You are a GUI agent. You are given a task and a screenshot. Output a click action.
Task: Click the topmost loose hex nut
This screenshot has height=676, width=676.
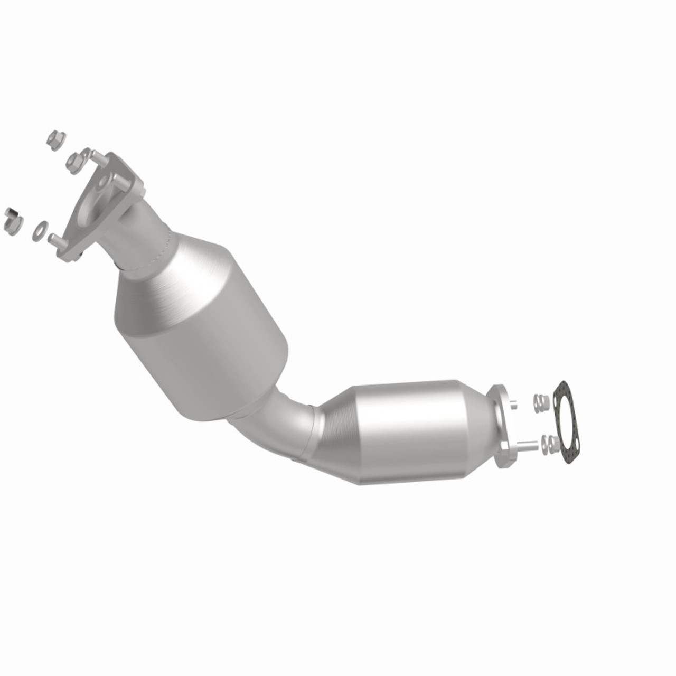pyautogui.click(x=55, y=139)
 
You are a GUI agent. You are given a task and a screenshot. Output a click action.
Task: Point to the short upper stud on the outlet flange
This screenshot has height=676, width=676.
pyautogui.click(x=513, y=405)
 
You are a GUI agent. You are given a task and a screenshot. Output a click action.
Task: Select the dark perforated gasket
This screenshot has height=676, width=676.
pyautogui.click(x=568, y=422)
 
